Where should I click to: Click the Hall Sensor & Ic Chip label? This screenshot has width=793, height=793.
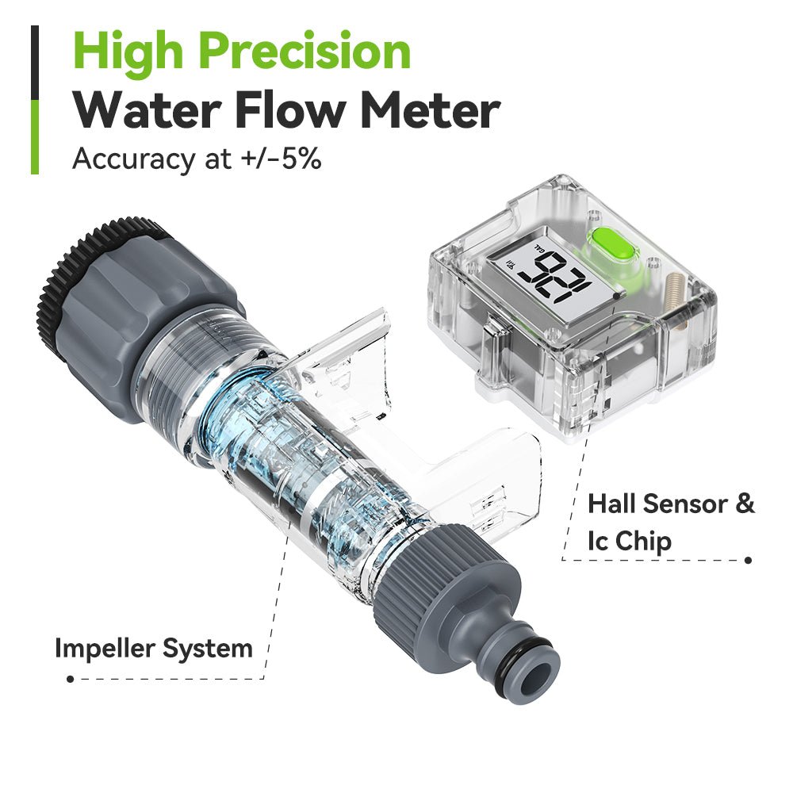point(670,522)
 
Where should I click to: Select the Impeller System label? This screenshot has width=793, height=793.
point(153,648)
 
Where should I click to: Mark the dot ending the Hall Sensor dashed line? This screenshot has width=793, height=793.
point(747,560)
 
